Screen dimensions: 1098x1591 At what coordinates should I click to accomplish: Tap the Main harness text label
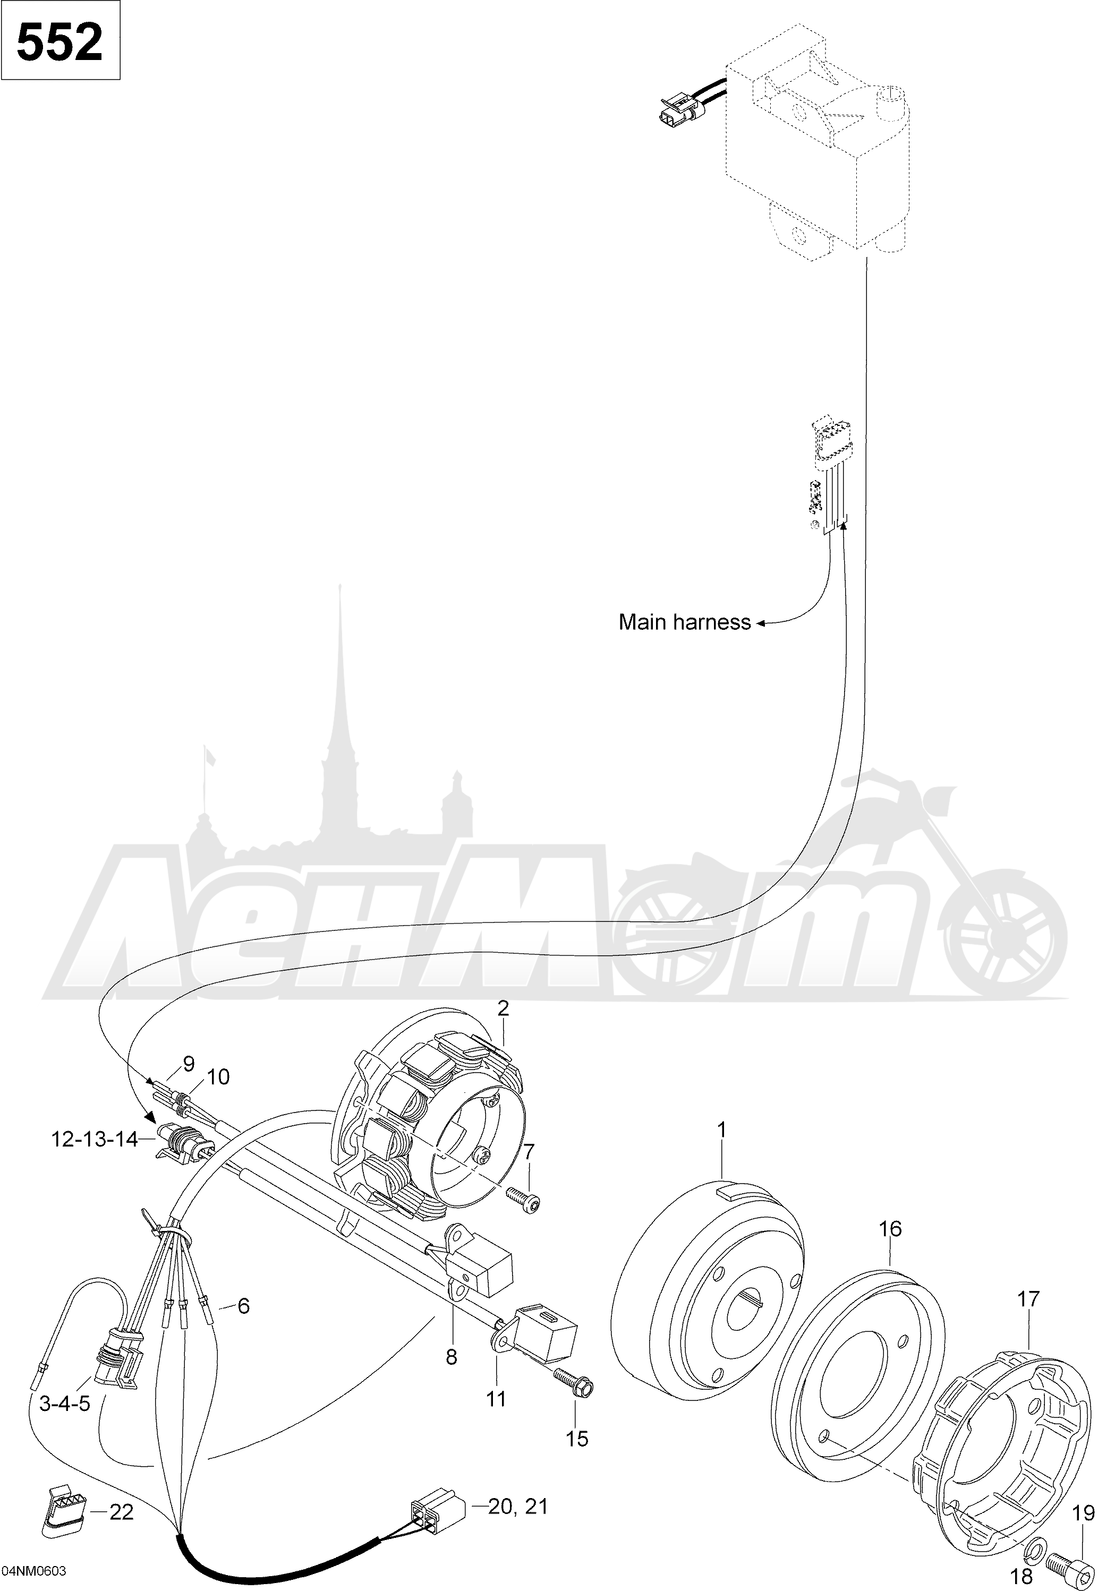point(685,622)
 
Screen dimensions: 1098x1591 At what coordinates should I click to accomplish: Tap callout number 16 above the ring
point(890,1229)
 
